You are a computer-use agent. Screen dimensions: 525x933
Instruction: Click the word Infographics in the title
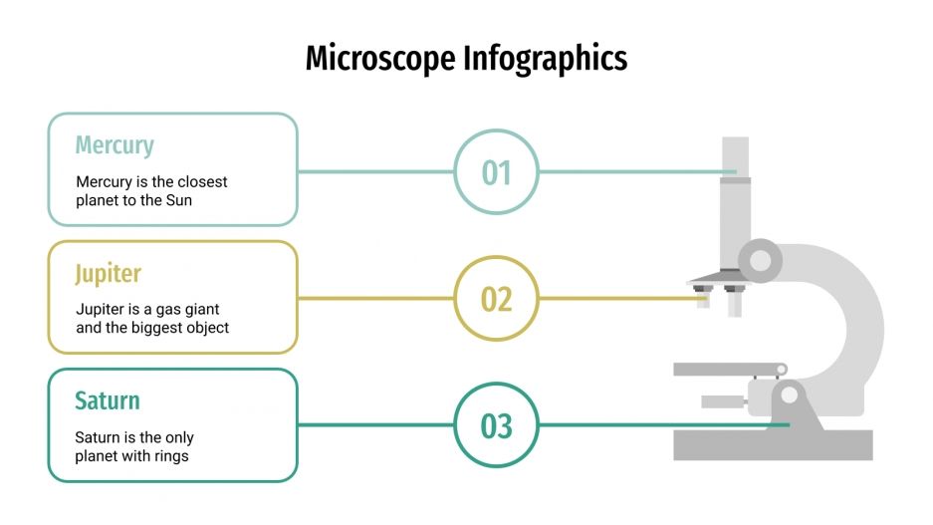pyautogui.click(x=545, y=58)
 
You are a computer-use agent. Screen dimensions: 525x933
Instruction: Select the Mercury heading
pyautogui.click(x=115, y=145)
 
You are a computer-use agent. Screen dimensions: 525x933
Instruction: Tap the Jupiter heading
pyautogui.click(x=109, y=273)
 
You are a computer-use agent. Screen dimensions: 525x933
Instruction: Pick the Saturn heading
pyautogui.click(x=108, y=400)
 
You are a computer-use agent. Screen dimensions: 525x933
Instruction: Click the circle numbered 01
pyautogui.click(x=496, y=171)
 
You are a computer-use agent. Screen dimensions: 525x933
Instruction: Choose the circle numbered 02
pyautogui.click(x=496, y=299)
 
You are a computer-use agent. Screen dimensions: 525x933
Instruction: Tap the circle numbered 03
pyautogui.click(x=496, y=426)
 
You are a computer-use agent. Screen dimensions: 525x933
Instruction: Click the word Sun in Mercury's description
pyautogui.click(x=178, y=200)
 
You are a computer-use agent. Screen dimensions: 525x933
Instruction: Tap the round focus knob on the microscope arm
pyautogui.click(x=761, y=261)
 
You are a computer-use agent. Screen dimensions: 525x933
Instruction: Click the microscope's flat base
pyautogui.click(x=773, y=444)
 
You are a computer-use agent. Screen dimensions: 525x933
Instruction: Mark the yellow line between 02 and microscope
pyautogui.click(x=617, y=299)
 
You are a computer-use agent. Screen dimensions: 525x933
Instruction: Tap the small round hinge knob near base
pyautogui.click(x=790, y=395)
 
